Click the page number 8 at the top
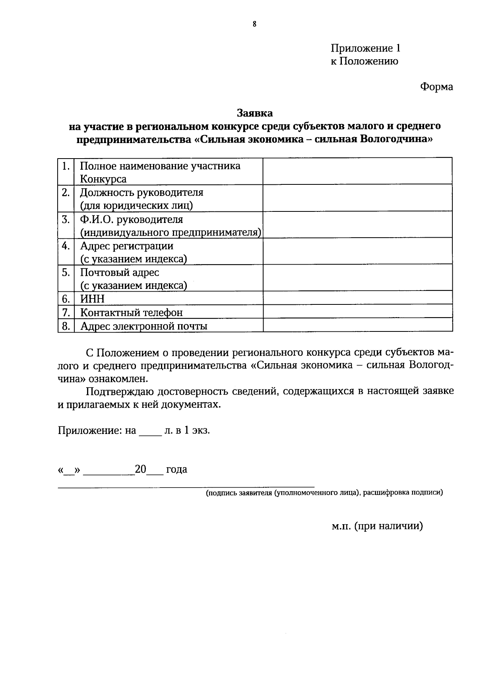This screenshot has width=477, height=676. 254,24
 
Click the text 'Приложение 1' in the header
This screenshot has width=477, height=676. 365,48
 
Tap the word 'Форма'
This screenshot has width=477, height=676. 436,87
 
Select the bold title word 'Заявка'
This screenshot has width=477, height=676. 255,113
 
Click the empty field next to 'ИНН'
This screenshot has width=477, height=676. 357,298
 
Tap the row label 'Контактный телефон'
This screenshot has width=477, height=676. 131,313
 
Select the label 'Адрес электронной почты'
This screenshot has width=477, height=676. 143,326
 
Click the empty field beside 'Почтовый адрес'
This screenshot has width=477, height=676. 357,278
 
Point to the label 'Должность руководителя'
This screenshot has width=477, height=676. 142,193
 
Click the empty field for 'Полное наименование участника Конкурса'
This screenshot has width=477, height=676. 357,171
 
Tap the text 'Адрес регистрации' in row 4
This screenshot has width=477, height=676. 127,246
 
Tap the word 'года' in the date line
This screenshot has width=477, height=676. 176,469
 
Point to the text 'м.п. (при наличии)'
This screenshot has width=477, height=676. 377,526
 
